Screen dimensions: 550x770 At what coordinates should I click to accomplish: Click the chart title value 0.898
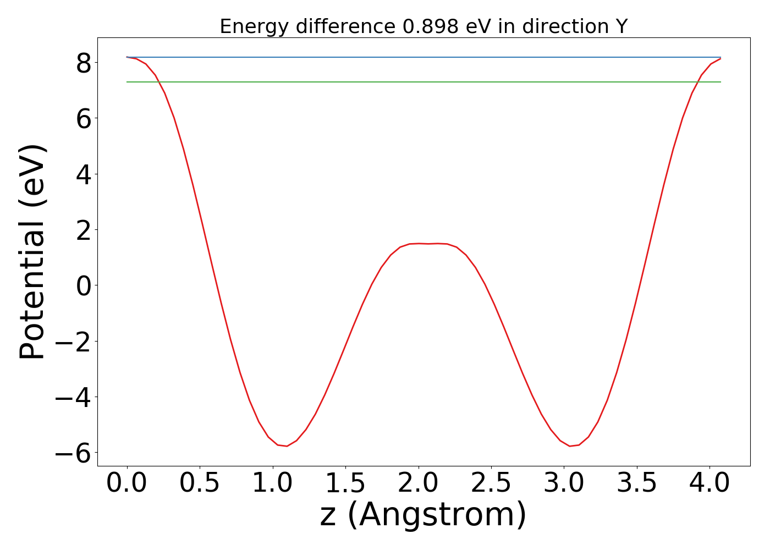431,26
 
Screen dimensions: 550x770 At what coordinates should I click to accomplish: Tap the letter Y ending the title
621,26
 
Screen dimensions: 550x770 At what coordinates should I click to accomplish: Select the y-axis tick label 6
84,118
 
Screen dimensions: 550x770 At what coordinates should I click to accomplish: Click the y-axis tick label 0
84,285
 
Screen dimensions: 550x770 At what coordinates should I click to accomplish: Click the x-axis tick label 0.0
127,483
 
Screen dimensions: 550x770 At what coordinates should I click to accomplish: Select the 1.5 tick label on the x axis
345,483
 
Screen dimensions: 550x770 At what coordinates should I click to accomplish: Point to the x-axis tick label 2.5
491,483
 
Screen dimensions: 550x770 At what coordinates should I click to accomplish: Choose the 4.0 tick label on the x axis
710,483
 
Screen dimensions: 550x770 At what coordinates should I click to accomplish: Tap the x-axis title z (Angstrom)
424,516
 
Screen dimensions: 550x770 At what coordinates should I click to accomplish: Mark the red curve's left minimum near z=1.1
286,446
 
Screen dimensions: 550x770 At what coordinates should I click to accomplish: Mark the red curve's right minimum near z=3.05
570,446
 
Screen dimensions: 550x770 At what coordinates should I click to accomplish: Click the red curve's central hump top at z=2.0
419,243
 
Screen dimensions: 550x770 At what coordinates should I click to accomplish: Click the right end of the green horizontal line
720,82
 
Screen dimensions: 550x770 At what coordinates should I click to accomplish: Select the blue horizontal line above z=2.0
419,57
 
